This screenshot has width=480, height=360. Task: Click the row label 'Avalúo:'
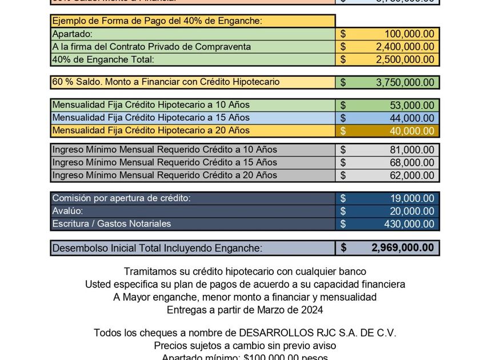pyautogui.click(x=68, y=211)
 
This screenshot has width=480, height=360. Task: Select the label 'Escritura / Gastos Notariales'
pyautogui.click(x=111, y=224)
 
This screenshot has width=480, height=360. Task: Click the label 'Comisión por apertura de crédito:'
pyautogui.click(x=121, y=198)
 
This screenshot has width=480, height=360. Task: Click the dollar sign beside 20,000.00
pyautogui.click(x=343, y=211)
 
